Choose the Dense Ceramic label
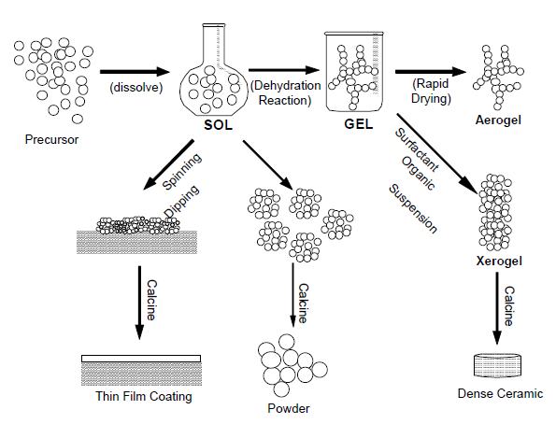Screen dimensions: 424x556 tap(499, 393)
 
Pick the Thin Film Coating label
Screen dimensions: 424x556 tap(143, 396)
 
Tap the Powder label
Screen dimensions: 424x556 tap(288, 408)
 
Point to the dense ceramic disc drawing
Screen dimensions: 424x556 tap(498, 367)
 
